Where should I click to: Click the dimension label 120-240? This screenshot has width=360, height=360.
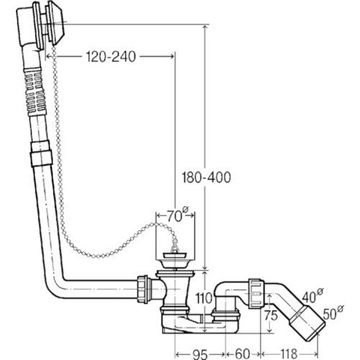tap(111, 57)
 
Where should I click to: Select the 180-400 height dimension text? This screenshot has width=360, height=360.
tap(206, 177)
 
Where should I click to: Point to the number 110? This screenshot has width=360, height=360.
tap(204, 298)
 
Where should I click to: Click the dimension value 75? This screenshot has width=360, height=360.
tap(271, 315)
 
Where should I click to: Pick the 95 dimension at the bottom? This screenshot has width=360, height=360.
tap(200, 354)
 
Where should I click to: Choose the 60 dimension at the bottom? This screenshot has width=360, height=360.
tap(243, 354)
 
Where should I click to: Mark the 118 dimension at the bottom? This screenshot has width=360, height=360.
tap(289, 354)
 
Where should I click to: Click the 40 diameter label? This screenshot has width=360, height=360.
tap(312, 296)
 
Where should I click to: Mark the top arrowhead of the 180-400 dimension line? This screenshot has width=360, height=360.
tap(204, 27)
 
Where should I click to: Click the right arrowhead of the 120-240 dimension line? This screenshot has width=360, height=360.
tap(171, 57)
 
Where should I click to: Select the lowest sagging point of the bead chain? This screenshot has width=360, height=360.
tap(96, 256)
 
